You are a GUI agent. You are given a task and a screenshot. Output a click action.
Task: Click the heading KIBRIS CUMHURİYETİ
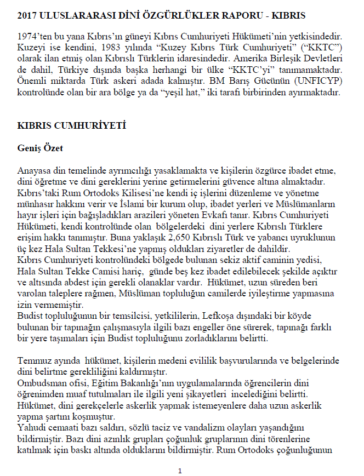(72, 125)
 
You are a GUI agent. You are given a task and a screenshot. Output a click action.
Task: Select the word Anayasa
(35, 172)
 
